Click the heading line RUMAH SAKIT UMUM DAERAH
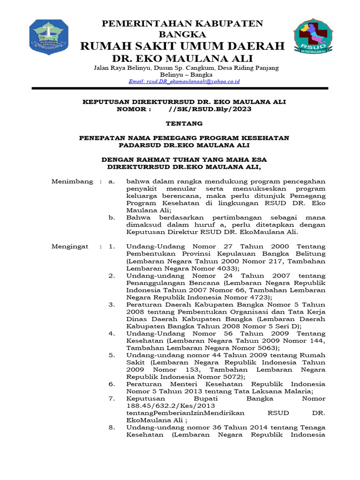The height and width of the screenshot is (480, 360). pos(183,46)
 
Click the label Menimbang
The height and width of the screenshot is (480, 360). pos(72,181)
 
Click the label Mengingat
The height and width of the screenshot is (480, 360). pos(70,246)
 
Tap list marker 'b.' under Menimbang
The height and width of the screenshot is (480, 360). pos(112,217)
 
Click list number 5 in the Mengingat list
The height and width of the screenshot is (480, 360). pos(112,355)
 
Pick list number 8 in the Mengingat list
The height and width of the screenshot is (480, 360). pos(112,427)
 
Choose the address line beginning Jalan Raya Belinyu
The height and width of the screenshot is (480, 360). pos(186,68)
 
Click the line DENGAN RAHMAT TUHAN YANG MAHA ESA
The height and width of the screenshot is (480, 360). pos(184,159)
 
